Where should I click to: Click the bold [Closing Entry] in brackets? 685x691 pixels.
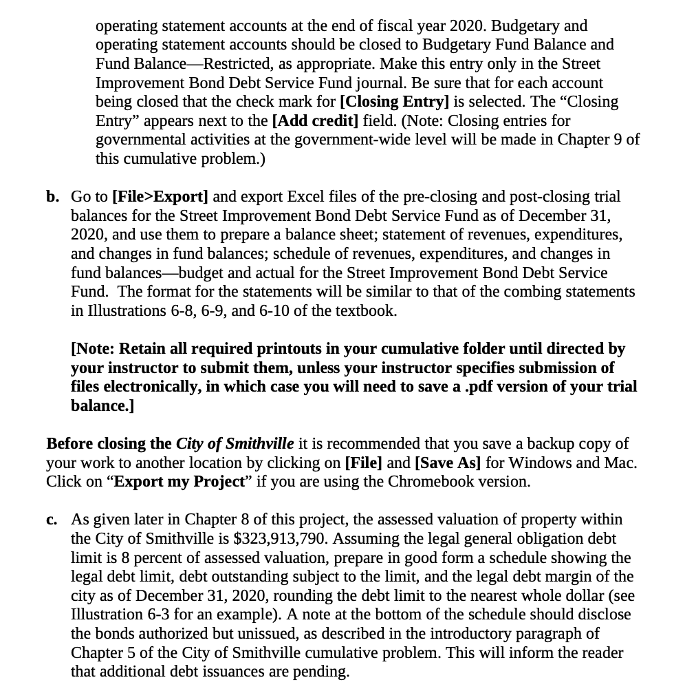tap(394, 102)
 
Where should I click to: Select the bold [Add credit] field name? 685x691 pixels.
tap(316, 121)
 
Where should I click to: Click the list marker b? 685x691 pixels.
tap(53, 197)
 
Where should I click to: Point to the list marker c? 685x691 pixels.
tap(52, 519)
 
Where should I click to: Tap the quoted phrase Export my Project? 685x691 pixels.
tap(179, 481)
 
